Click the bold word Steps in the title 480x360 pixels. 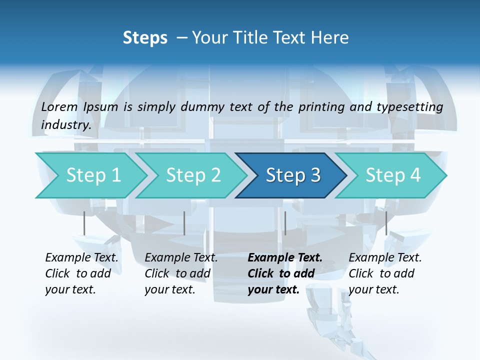[x=145, y=38]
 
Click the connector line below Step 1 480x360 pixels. [x=84, y=223]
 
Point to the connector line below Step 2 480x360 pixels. [x=184, y=223]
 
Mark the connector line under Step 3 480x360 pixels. [x=285, y=223]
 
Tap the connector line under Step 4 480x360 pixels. [x=386, y=223]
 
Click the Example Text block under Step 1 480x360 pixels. [x=81, y=273]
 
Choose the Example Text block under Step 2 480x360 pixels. [x=181, y=273]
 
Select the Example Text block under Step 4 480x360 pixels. [x=385, y=273]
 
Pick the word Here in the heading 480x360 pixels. [x=332, y=38]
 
